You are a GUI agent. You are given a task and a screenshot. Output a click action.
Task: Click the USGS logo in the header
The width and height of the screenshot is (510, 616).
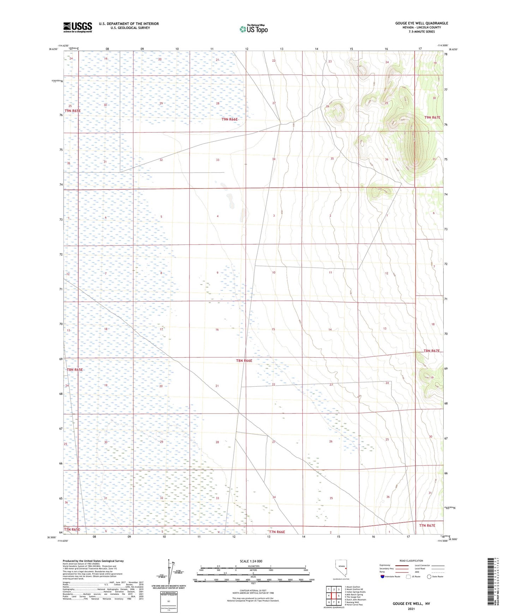point(78,27)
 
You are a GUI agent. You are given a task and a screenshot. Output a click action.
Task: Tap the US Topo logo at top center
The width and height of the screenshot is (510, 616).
point(253,29)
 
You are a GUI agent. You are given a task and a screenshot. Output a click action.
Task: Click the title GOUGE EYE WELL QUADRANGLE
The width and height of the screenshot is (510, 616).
point(421,23)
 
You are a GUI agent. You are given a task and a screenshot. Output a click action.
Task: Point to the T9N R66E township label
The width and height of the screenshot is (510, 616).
point(230,120)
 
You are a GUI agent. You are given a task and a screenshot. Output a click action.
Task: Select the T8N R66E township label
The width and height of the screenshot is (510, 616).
point(244,361)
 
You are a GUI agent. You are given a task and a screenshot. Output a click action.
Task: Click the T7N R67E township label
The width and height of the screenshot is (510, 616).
point(427,526)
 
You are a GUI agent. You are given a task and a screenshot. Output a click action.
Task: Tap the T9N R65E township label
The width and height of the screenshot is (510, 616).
point(72,111)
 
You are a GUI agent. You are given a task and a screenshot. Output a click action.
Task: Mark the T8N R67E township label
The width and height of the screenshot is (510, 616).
point(432,351)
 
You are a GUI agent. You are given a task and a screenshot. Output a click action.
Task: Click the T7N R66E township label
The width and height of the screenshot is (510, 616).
point(277,532)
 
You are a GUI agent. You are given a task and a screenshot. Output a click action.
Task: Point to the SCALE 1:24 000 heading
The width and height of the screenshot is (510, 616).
point(251,561)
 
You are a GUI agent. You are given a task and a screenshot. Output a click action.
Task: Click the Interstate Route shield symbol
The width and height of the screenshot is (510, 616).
point(383,577)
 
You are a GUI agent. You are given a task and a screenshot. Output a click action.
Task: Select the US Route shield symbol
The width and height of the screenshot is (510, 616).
point(409,577)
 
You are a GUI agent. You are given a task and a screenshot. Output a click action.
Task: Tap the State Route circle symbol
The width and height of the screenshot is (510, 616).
point(429,577)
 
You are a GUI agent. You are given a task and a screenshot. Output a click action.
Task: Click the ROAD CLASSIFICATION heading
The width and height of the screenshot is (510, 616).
point(411,561)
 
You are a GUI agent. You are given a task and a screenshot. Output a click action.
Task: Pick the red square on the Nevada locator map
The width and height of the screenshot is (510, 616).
point(346,568)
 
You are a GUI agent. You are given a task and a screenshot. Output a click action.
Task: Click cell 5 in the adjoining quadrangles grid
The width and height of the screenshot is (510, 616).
point(338,596)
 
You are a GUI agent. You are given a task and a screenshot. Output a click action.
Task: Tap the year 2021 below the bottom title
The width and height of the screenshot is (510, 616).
point(411,609)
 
